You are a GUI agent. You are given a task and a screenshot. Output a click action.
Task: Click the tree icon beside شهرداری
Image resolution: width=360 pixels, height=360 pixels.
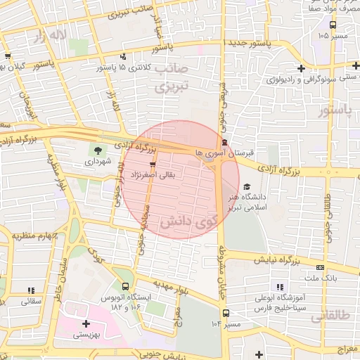97,149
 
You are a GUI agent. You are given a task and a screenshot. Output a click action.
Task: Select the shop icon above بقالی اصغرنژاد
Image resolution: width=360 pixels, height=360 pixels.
153,165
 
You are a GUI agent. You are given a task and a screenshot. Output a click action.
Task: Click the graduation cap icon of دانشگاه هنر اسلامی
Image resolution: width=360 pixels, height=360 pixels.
246,187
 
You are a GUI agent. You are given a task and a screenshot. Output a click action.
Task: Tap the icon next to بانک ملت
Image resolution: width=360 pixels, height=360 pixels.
321,267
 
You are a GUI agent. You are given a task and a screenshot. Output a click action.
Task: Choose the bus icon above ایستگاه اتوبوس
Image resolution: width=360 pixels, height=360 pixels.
125,287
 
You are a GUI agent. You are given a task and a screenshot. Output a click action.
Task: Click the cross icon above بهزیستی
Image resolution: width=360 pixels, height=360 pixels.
86,324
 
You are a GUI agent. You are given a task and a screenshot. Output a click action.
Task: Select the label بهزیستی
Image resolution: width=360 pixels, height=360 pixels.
86,335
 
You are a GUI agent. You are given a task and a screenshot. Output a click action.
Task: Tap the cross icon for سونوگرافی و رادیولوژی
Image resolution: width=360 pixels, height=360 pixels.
302,68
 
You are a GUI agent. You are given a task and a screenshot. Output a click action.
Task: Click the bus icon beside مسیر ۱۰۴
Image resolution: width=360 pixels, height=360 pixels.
226,314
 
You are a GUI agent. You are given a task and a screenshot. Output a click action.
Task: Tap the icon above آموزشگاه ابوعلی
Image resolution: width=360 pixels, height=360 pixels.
280,288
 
